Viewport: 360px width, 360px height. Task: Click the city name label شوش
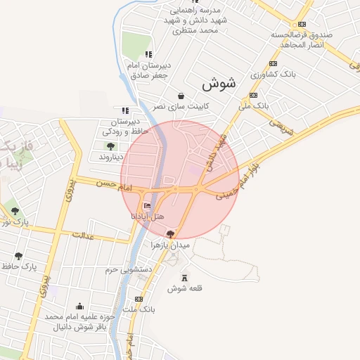click(x=219, y=83)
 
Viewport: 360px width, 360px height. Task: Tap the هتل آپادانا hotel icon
click(x=147, y=206)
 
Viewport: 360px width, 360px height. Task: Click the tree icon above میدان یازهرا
click(x=170, y=234)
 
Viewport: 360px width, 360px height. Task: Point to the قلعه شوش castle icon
click(x=185, y=278)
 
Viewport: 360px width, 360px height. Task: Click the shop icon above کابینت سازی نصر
click(x=181, y=96)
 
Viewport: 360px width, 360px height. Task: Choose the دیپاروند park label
click(x=110, y=156)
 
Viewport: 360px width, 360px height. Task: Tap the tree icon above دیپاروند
click(x=110, y=146)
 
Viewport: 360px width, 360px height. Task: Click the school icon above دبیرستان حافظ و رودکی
click(x=125, y=110)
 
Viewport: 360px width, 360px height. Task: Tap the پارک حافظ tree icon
click(x=18, y=256)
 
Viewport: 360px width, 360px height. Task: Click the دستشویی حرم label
click(x=129, y=269)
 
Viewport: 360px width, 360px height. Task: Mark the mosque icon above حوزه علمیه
click(x=79, y=307)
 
